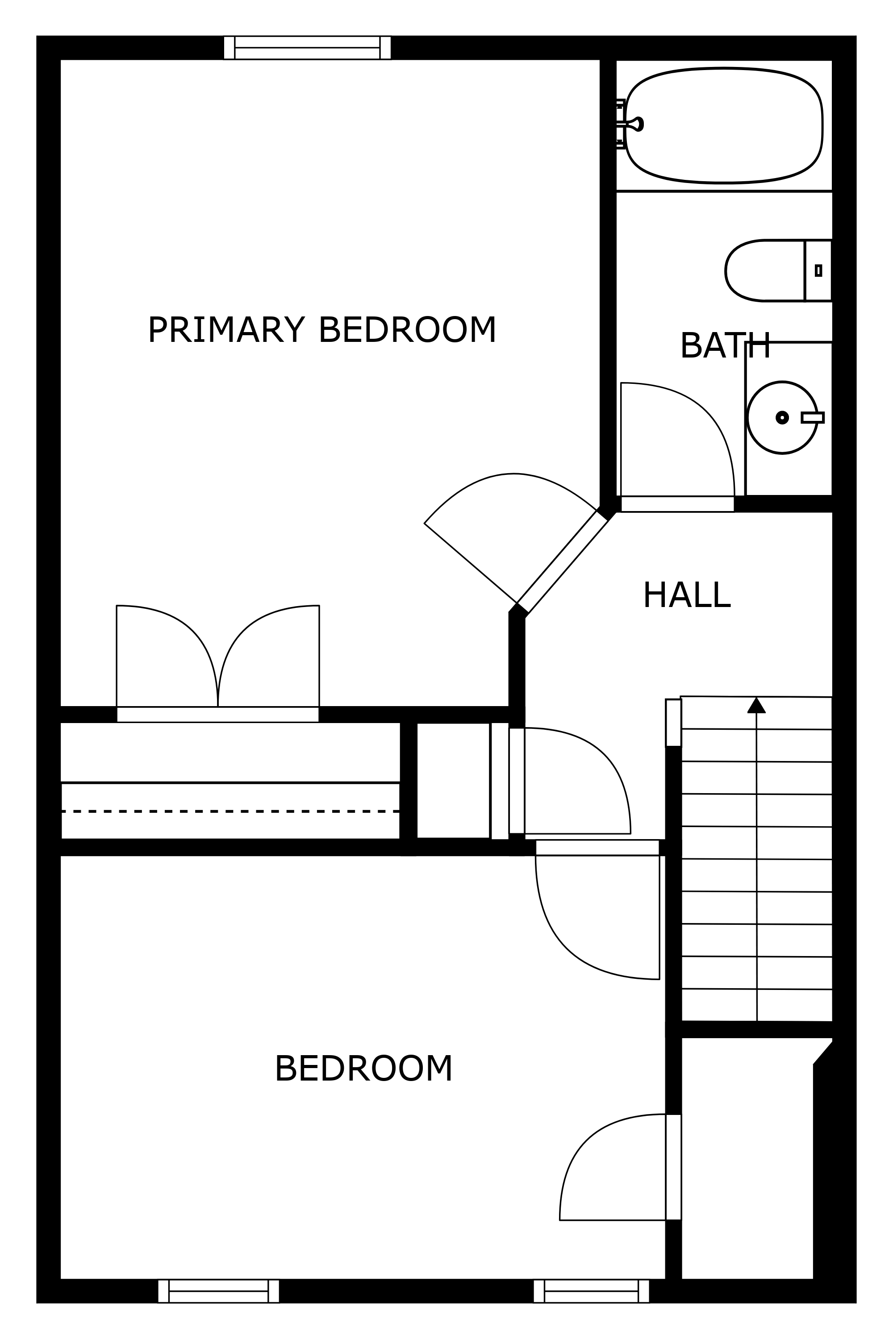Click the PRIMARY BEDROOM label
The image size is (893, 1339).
(x=322, y=330)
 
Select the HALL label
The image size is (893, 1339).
(x=686, y=595)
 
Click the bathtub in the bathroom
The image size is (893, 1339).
(x=724, y=125)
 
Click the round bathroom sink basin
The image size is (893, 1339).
(x=782, y=417)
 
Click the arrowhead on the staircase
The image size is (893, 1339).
(x=756, y=705)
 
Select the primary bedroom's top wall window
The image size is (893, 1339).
(x=307, y=48)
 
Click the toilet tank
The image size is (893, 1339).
(x=818, y=270)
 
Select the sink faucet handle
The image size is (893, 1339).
(x=812, y=417)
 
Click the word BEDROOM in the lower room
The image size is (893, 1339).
(x=363, y=1069)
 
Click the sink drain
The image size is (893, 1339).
(x=782, y=417)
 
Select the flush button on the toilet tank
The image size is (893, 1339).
(x=818, y=270)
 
